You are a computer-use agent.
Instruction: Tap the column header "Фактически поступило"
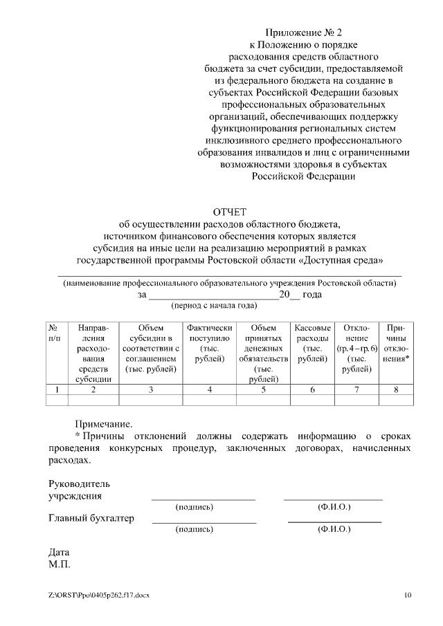click(x=209, y=343)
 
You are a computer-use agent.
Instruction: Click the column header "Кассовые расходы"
click(x=312, y=343)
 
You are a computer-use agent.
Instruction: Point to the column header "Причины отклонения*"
click(x=396, y=343)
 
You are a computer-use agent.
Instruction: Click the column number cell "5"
click(x=263, y=390)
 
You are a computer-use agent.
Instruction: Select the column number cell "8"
click(x=396, y=390)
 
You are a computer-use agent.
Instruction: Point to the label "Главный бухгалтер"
click(x=91, y=518)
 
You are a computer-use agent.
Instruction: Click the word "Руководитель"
click(x=79, y=484)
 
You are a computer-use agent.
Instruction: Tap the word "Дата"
click(x=59, y=553)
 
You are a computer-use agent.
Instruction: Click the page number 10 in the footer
click(x=408, y=595)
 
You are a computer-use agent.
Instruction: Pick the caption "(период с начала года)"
click(x=214, y=305)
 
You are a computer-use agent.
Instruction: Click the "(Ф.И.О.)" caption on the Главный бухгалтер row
click(x=334, y=529)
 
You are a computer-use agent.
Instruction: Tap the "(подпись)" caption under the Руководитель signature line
click(x=195, y=507)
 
